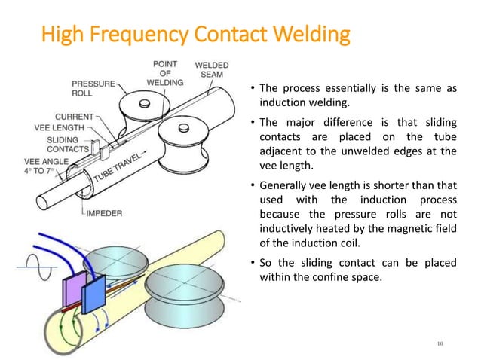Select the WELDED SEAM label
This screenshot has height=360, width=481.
[x=213, y=72]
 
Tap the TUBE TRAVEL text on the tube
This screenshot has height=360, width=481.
[x=125, y=171]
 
